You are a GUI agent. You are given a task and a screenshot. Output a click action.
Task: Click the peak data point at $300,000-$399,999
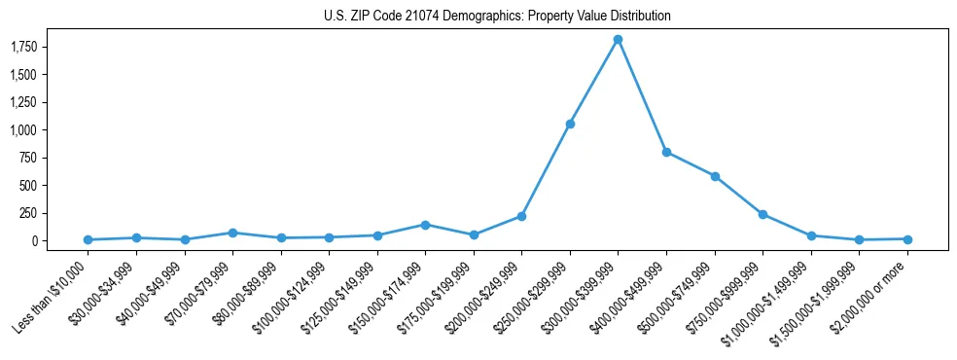(618, 39)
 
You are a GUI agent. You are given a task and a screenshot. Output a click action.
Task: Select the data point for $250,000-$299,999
(570, 124)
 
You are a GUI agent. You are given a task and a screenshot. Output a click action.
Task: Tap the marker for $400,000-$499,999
(666, 152)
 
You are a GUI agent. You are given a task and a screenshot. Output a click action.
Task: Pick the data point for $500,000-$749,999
(715, 176)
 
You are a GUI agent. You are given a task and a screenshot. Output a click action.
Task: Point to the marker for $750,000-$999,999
(762, 214)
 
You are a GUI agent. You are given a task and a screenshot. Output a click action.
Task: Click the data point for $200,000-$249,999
(521, 216)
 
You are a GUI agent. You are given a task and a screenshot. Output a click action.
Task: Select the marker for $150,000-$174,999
(425, 225)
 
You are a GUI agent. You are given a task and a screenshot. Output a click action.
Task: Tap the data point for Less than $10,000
(88, 239)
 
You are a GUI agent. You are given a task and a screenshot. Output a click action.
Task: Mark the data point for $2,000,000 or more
(907, 238)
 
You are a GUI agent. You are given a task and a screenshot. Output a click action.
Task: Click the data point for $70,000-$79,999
(232, 233)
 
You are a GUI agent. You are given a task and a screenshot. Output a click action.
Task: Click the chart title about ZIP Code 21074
(497, 17)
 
